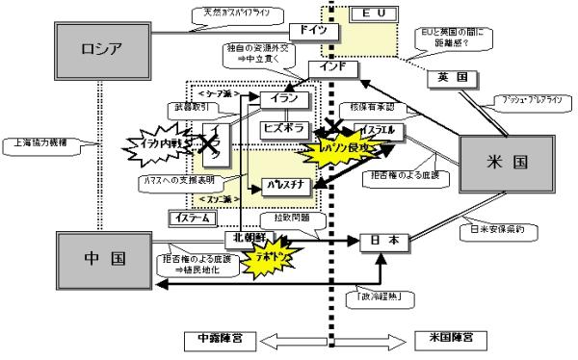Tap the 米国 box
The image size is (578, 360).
coord(507,160)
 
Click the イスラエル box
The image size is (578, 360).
coord(377,128)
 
